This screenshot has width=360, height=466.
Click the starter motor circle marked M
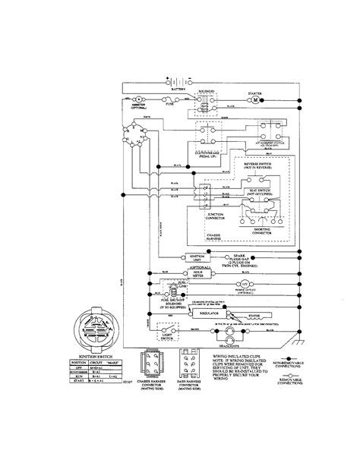[x=256, y=99]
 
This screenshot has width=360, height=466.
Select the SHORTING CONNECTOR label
[x=264, y=233]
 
